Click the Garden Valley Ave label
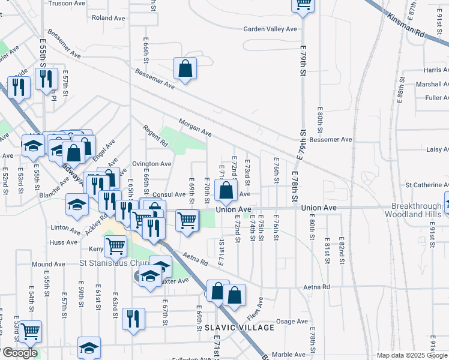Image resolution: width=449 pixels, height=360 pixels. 270,29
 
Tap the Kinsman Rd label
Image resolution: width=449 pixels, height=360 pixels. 409,26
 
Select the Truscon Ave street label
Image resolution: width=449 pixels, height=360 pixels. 67,2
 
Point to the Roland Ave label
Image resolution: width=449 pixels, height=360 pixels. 109,18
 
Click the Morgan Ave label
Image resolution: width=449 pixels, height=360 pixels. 195,127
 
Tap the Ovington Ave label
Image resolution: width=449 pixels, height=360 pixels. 152,164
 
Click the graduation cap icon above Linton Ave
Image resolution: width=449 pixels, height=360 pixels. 77,205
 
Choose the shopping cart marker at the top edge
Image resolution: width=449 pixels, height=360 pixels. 303,5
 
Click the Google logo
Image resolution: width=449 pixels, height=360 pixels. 20,353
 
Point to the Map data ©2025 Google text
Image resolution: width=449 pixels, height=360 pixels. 412,355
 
